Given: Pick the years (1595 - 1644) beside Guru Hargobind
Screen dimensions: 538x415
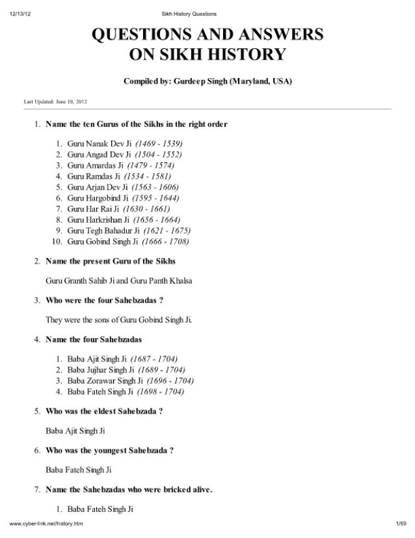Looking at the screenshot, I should (x=155, y=197).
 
